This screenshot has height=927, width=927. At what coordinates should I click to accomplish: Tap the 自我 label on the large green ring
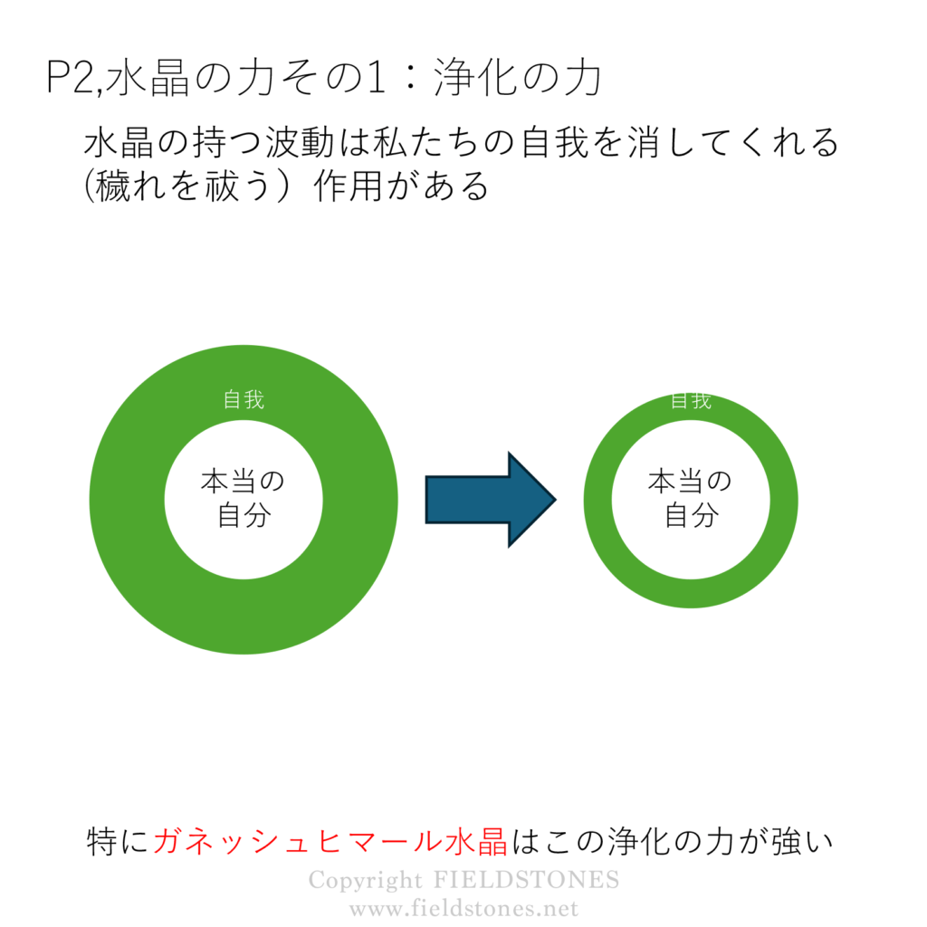click(244, 399)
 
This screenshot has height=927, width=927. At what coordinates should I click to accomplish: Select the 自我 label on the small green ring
click(691, 401)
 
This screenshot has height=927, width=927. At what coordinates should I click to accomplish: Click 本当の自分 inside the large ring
click(244, 499)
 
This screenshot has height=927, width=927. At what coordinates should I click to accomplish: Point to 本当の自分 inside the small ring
click(691, 499)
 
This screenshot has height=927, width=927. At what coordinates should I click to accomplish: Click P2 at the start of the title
click(69, 78)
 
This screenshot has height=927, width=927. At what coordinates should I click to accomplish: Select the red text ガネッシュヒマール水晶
click(330, 841)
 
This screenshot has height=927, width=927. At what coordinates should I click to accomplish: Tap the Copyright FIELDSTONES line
click(464, 880)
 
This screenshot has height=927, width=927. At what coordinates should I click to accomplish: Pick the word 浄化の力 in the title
click(518, 78)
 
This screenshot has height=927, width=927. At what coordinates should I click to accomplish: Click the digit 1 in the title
click(375, 78)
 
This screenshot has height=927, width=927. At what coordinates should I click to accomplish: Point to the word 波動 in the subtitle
click(301, 142)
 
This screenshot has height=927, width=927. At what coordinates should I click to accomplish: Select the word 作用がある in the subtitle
click(401, 186)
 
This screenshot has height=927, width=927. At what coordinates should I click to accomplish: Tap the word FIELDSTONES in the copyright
click(527, 880)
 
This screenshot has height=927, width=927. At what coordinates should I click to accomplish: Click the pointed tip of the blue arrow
click(557, 500)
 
